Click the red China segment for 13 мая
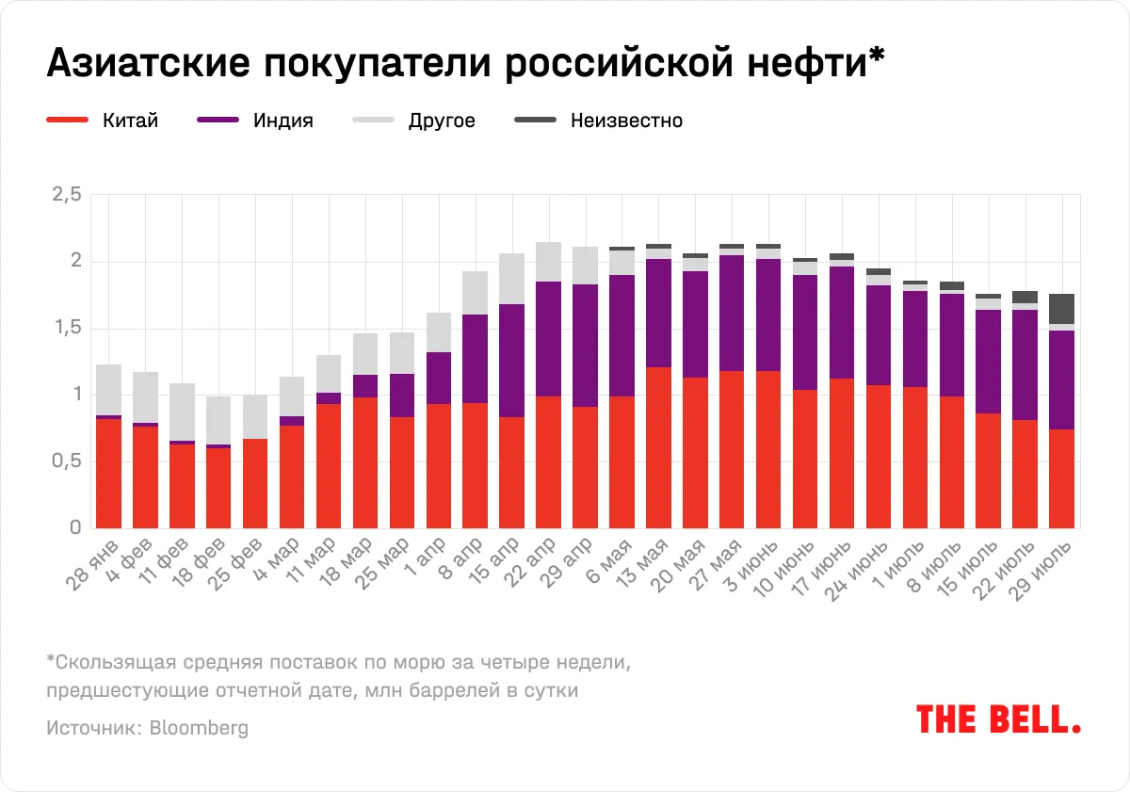coord(658,447)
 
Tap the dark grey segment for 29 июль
coord(1062,309)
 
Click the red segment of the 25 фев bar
coord(254,483)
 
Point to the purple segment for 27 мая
coord(732,313)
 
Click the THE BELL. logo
coord(998,719)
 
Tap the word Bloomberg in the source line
coord(199,728)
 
